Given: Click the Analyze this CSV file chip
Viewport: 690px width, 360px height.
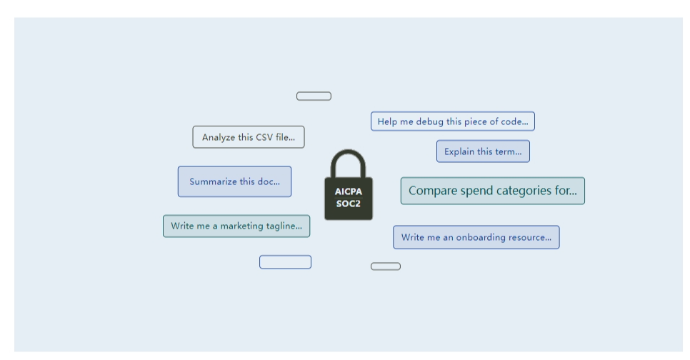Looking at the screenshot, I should tap(248, 137).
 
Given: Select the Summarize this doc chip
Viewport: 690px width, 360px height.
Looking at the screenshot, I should tap(234, 181).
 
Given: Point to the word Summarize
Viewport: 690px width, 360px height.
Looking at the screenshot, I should tap(212, 181).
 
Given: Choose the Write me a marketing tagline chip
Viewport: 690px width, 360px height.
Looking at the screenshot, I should tap(236, 226).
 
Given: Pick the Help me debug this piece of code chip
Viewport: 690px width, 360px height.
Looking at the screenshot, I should tap(452, 121).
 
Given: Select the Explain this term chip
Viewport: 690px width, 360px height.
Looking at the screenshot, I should tap(483, 151).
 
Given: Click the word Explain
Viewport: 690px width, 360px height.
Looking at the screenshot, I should tap(459, 151).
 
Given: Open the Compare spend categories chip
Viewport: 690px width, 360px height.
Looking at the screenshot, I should tap(492, 191).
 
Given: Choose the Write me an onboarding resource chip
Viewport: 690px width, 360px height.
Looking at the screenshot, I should tap(476, 237).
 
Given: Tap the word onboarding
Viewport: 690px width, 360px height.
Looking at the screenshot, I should tap(478, 237).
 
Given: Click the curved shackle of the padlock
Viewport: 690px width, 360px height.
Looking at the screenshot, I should tap(349, 160).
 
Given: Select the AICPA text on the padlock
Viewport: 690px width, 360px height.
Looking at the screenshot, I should tap(349, 191).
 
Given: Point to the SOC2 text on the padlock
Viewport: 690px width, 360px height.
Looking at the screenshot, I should tap(349, 203).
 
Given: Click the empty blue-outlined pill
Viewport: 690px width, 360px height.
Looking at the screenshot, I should tap(285, 262).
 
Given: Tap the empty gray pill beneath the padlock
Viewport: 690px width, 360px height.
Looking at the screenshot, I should tap(386, 266).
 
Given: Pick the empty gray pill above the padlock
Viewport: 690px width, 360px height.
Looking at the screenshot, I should tap(314, 96).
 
